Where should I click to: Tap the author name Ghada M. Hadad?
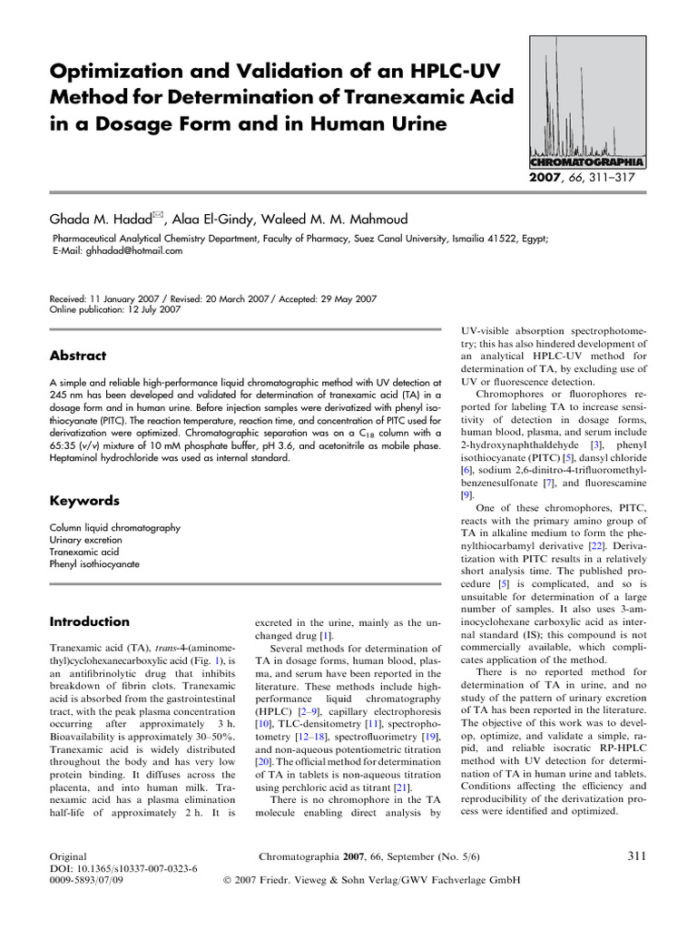(x=103, y=219)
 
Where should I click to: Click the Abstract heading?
(x=77, y=357)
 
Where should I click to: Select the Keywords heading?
(x=83, y=501)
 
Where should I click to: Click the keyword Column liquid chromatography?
(x=115, y=527)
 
